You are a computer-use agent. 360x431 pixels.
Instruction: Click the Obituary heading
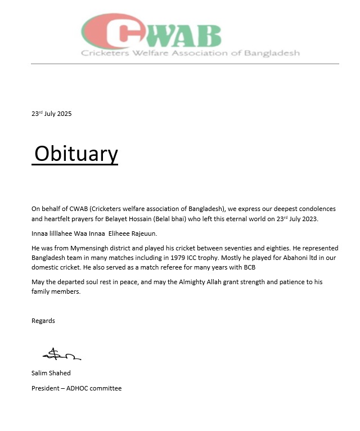click(76, 154)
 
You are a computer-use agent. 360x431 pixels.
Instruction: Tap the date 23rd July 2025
click(52, 114)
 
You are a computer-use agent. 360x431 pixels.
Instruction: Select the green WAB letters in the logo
click(186, 35)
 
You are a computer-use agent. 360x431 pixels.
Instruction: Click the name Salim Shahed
click(51, 373)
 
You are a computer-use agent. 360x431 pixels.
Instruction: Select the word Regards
click(43, 321)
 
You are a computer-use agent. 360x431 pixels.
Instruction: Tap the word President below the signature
click(46, 388)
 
